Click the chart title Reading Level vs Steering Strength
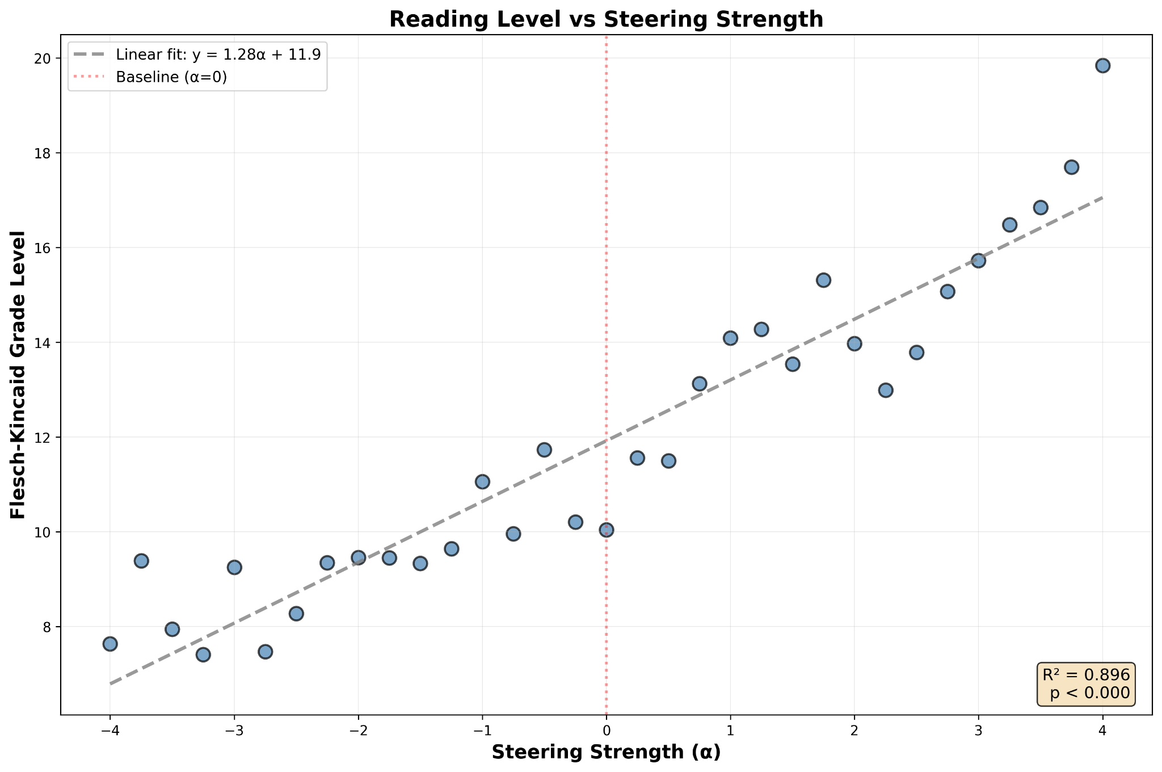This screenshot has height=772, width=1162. point(606,19)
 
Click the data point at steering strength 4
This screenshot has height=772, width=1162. point(1102,65)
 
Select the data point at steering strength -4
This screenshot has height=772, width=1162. point(110,644)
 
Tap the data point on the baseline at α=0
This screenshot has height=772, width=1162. point(606,530)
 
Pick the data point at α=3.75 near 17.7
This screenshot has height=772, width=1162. point(1071,167)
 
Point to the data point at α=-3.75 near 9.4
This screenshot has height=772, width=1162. point(141,561)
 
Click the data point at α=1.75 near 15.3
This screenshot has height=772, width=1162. point(823,280)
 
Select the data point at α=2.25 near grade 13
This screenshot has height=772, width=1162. point(885,390)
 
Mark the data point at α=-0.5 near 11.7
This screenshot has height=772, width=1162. point(544,450)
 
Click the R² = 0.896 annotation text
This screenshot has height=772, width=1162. point(1086,674)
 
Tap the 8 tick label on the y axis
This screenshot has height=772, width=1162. point(48,627)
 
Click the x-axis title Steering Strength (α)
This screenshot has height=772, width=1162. point(606,752)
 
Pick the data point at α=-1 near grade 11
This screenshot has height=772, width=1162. point(482,482)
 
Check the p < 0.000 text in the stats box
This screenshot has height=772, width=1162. point(1089,694)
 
